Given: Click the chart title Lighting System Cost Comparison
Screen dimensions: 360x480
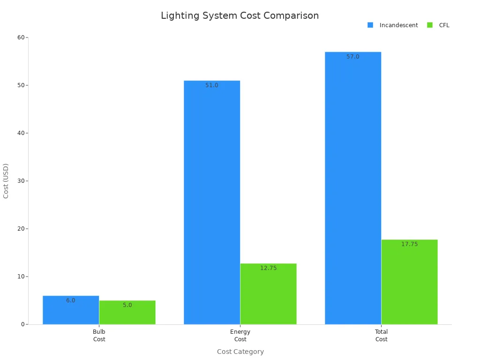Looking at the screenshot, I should pyautogui.click(x=240, y=15).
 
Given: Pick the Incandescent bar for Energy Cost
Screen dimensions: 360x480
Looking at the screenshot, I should pyautogui.click(x=212, y=202).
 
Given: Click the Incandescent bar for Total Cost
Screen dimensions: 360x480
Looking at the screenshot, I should pyautogui.click(x=353, y=187).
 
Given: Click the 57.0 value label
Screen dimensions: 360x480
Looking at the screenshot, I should pyautogui.click(x=353, y=57).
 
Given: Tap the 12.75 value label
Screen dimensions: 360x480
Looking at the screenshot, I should pyautogui.click(x=269, y=268).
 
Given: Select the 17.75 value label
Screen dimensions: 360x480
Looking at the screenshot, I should pyautogui.click(x=409, y=244).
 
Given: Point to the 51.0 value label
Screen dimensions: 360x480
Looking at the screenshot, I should pyautogui.click(x=212, y=85).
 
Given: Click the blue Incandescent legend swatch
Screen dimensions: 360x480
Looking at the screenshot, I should pyautogui.click(x=370, y=25).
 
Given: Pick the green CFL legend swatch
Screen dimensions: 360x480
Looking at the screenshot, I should pyautogui.click(x=430, y=25).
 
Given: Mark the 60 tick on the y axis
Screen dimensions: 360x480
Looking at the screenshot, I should pyautogui.click(x=21, y=37).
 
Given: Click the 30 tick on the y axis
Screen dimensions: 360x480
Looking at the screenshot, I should pyautogui.click(x=21, y=181).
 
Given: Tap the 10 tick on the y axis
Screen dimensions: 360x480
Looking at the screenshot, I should pyautogui.click(x=21, y=277).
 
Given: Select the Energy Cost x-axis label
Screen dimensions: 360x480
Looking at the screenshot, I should pyautogui.click(x=240, y=336).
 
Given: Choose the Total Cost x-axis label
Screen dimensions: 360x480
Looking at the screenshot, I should pyautogui.click(x=381, y=336).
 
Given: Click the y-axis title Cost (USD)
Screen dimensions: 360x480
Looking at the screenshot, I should pyautogui.click(x=6, y=181).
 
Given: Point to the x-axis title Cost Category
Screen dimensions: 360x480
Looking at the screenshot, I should pyautogui.click(x=240, y=352).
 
